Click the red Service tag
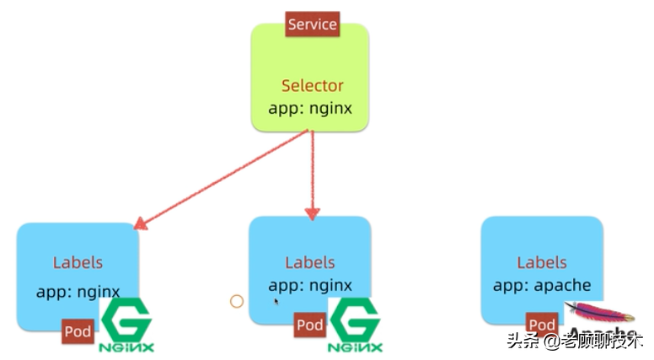click(313, 24)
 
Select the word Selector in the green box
click(312, 85)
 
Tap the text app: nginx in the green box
click(310, 108)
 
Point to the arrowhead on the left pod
click(141, 223)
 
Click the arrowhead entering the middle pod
click(313, 213)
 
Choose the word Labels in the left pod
click(78, 262)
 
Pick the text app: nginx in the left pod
click(78, 292)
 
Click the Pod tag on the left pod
click(78, 331)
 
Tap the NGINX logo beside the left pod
click(126, 325)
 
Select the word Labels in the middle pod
click(310, 262)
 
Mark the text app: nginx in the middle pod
click(310, 285)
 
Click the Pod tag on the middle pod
click(309, 325)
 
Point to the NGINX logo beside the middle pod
click(355, 325)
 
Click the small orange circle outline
click(237, 301)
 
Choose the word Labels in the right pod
click(542, 262)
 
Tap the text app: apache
click(542, 285)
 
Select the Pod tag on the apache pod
click(541, 325)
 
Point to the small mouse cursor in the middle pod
click(276, 300)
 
